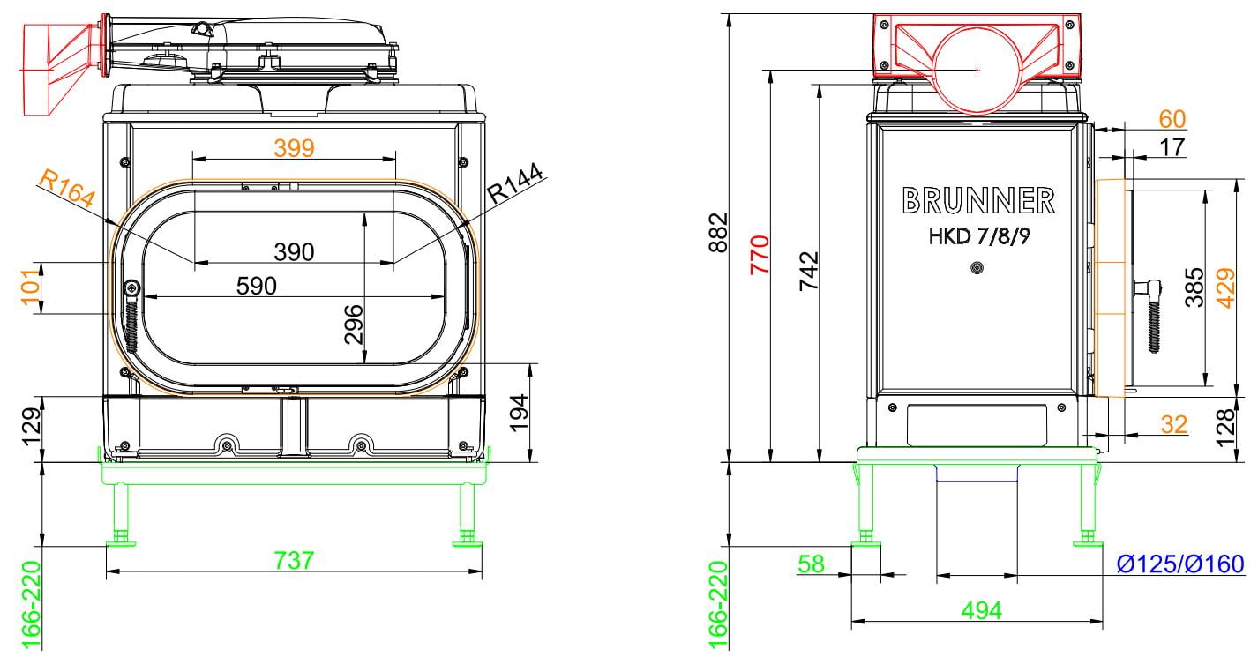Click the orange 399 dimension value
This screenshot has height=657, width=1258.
[294, 148]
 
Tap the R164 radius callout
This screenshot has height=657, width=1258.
[67, 189]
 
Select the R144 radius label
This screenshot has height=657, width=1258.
[515, 183]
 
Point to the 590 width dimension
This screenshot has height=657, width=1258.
[256, 286]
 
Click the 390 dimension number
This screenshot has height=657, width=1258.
[294, 252]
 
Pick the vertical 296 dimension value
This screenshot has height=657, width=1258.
[354, 324]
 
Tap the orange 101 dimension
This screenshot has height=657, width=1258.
[32, 287]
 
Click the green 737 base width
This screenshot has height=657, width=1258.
[294, 560]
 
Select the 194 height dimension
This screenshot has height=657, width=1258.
[519, 413]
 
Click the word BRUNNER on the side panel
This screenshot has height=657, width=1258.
[978, 200]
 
